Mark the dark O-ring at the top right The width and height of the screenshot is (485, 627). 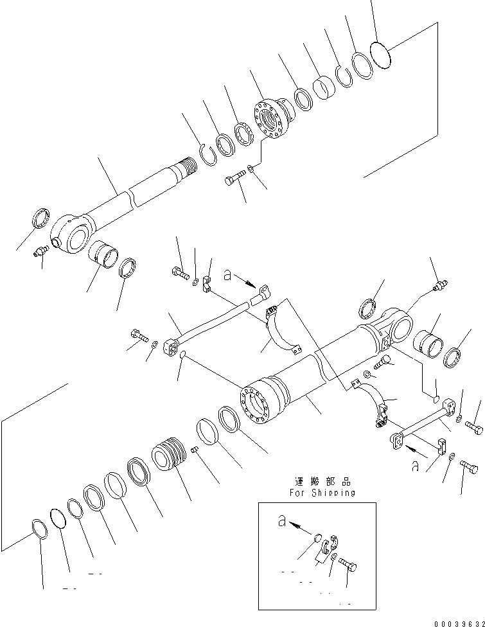382,53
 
